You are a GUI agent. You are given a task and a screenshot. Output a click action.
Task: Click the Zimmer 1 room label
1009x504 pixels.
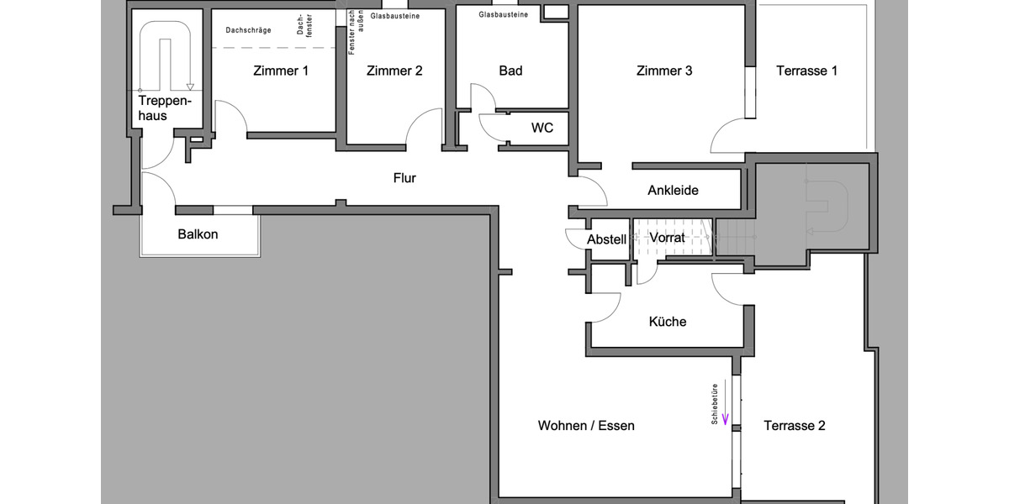pyautogui.click(x=281, y=71)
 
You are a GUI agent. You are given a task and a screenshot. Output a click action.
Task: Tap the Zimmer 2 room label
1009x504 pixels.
pyautogui.click(x=394, y=71)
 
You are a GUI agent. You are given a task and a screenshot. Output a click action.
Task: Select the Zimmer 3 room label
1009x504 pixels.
pyautogui.click(x=664, y=71)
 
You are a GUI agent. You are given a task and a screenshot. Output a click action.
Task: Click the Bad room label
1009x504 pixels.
pyautogui.click(x=510, y=71)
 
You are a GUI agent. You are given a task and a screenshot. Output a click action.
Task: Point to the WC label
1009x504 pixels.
pyautogui.click(x=542, y=129)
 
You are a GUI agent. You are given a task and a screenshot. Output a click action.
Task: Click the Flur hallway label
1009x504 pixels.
pyautogui.click(x=404, y=178)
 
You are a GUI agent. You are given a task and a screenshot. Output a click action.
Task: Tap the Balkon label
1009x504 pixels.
pyautogui.click(x=198, y=234)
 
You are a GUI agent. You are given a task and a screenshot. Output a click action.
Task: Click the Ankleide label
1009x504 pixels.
pyautogui.click(x=673, y=191)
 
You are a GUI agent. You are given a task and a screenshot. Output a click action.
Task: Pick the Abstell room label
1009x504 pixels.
pyautogui.click(x=606, y=239)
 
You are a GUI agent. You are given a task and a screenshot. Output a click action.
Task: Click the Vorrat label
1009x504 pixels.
pyautogui.click(x=668, y=238)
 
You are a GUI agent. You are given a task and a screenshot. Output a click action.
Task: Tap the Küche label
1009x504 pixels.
pyautogui.click(x=668, y=322)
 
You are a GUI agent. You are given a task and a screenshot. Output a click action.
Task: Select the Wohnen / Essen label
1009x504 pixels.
pyautogui.click(x=586, y=426)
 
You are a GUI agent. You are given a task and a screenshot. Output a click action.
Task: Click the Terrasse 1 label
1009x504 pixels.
pyautogui.click(x=806, y=71)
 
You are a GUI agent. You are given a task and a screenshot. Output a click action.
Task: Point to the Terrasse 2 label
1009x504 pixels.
pyautogui.click(x=795, y=426)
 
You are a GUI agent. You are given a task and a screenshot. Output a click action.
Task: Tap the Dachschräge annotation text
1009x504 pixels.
pyautogui.click(x=248, y=30)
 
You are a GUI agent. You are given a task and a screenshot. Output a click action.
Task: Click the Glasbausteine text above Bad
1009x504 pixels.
pyautogui.click(x=504, y=15)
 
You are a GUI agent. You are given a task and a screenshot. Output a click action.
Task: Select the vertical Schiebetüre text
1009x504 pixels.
pyautogui.click(x=715, y=404)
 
